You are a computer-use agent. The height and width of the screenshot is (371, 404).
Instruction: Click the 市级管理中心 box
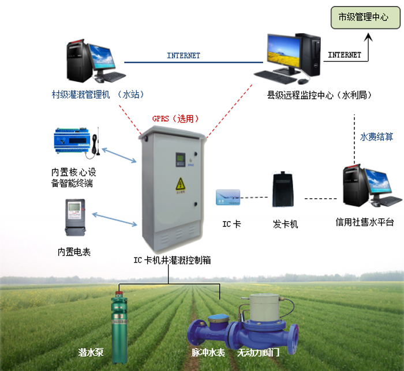(362, 17)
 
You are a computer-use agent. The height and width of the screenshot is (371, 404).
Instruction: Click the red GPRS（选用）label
(175, 119)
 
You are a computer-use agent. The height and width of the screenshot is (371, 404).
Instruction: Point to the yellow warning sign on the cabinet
(179, 184)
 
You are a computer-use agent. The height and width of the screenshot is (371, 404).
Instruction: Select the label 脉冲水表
(208, 351)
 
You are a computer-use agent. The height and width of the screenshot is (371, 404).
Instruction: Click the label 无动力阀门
(259, 351)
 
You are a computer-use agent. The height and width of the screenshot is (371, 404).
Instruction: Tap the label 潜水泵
(90, 351)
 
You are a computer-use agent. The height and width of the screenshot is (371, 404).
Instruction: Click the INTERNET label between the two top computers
(184, 56)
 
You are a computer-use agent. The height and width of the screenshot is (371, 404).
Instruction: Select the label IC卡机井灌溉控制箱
(172, 260)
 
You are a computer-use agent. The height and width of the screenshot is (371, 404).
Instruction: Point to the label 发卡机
(285, 223)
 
